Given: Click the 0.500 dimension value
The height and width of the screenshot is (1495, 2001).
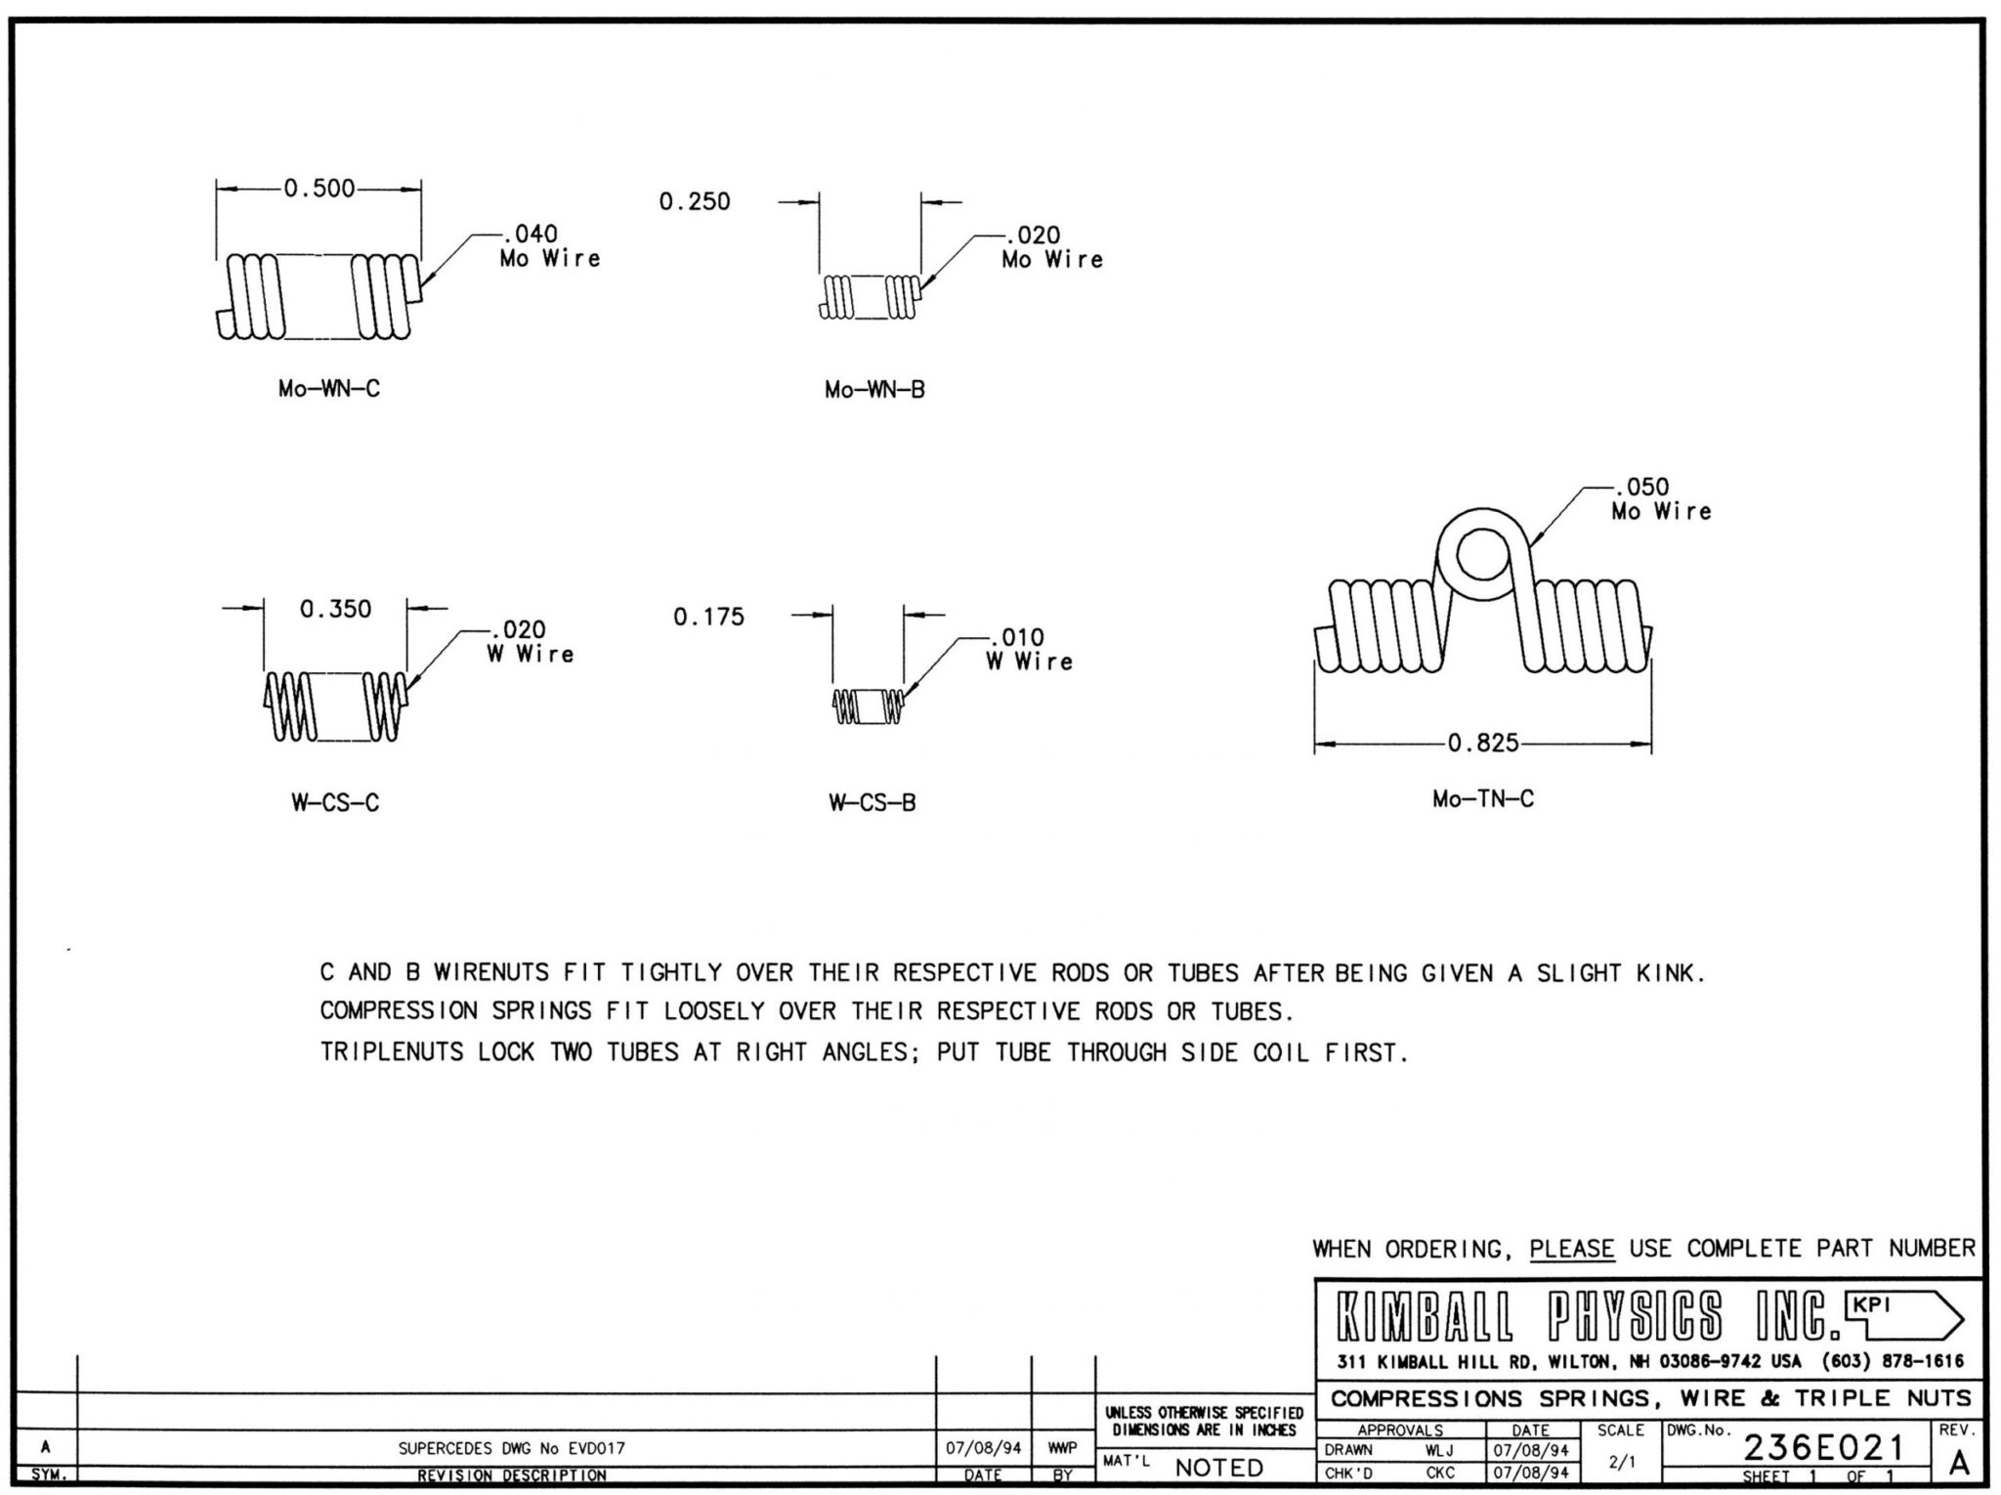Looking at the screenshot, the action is [x=319, y=188].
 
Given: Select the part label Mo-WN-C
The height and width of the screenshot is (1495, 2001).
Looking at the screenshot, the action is [x=329, y=389].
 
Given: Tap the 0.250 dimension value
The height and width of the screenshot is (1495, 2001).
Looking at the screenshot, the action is [x=695, y=201].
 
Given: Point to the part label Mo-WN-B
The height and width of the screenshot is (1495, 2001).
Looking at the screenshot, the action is [x=874, y=390].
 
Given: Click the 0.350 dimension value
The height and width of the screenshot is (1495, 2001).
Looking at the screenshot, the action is [x=336, y=609].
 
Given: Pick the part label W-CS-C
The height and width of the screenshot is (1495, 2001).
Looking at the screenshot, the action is [x=335, y=803].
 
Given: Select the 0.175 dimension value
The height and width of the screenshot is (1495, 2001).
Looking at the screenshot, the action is [x=708, y=617].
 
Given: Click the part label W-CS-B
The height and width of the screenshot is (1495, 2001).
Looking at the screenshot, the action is [x=873, y=803].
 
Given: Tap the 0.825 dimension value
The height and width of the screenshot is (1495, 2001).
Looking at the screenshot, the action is [x=1483, y=744].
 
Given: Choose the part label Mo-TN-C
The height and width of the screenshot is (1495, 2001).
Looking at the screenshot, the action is [x=1483, y=798].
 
